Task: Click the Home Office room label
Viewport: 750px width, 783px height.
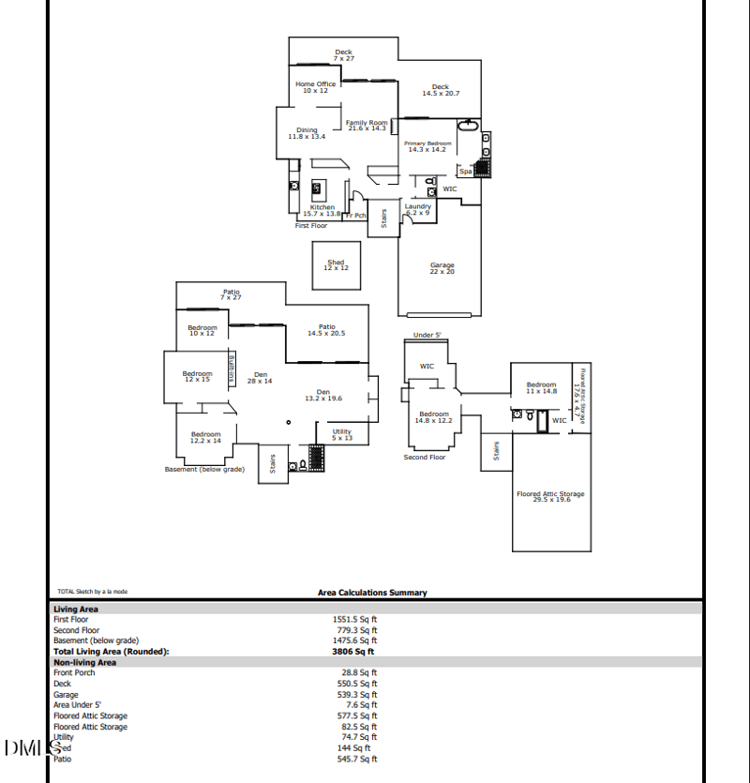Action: coord(315,87)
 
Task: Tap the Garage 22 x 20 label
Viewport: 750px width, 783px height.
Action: coord(442,268)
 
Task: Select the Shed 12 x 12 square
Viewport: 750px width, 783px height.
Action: coord(336,265)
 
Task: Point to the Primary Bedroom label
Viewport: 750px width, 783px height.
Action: coord(427,146)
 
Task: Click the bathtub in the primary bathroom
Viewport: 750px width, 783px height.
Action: coord(467,126)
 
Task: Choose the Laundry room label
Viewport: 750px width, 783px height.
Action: coord(418,209)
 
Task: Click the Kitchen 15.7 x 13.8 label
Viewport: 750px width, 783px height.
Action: coord(322,210)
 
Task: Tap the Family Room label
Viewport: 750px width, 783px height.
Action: coord(366,125)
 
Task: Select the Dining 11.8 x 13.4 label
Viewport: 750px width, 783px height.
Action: coord(307,133)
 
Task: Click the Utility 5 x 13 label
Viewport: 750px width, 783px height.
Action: coord(342,434)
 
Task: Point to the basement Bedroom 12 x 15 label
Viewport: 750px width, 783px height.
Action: coord(197,376)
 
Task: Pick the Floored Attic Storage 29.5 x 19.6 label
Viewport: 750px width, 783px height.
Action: coord(550,496)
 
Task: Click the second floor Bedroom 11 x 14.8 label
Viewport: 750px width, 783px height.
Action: coord(541,387)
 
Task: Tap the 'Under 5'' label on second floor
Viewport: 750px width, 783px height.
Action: coord(427,335)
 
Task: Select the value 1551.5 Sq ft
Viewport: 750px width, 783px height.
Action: coord(353,620)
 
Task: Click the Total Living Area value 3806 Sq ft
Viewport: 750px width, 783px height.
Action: coord(352,651)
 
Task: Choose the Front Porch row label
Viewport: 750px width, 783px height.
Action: coord(75,672)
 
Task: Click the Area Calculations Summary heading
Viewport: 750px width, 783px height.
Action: coord(372,593)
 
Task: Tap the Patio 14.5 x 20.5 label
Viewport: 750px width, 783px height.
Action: coord(326,329)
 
